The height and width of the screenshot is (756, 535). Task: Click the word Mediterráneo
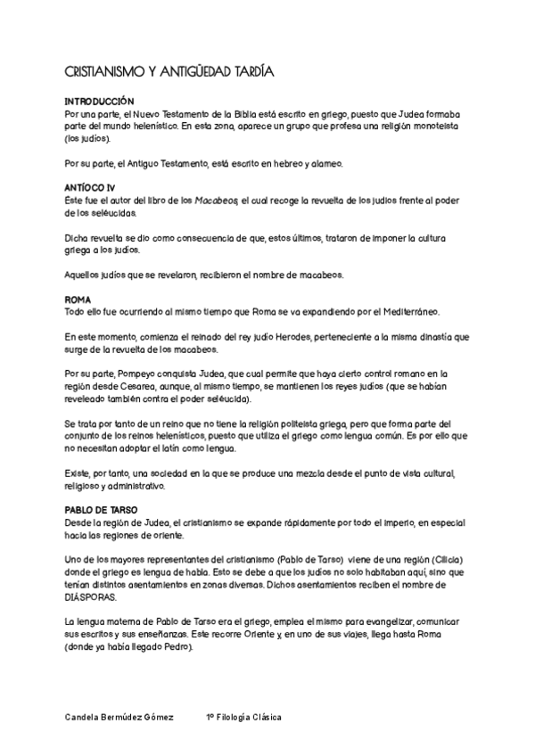(x=406, y=311)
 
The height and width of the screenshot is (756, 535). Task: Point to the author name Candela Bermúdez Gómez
(x=120, y=717)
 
